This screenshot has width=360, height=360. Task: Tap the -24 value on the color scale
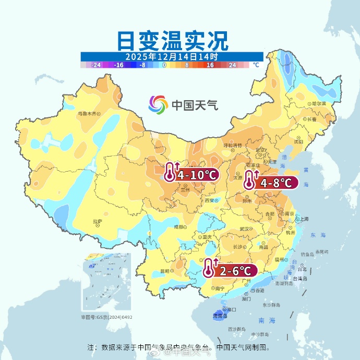(95, 65)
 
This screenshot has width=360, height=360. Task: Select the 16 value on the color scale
(210, 65)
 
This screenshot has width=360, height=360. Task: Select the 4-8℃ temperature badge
(272, 182)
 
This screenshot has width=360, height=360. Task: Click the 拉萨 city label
(98, 222)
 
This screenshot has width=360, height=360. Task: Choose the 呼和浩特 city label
(233, 145)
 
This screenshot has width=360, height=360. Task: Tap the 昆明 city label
(165, 271)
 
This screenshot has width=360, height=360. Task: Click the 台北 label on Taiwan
(302, 270)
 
